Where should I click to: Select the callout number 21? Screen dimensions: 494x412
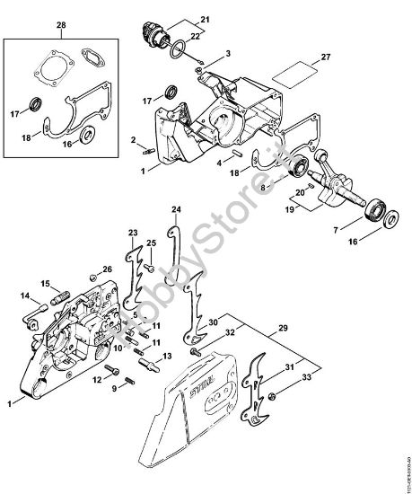pyautogui.click(x=203, y=20)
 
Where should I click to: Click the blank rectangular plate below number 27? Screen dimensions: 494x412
pyautogui.click(x=294, y=74)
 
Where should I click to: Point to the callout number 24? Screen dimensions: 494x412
pyautogui.click(x=176, y=209)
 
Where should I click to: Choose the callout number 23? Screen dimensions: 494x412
pyautogui.click(x=132, y=234)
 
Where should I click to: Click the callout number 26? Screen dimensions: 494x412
pyautogui.click(x=107, y=269)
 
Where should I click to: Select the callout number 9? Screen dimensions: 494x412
pyautogui.click(x=114, y=388)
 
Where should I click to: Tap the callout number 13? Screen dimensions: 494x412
pyautogui.click(x=154, y=357)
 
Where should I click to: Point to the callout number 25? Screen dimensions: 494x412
pyautogui.click(x=152, y=243)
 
